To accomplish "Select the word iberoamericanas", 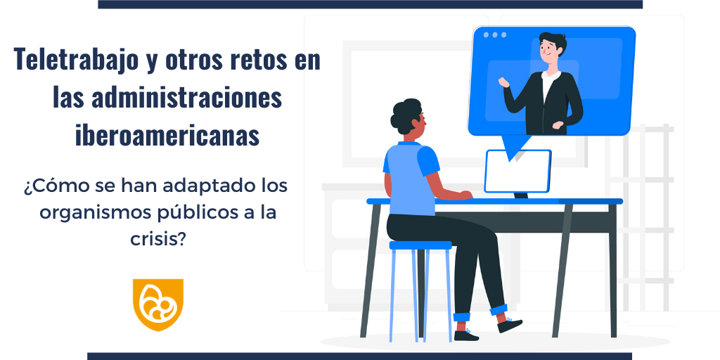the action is (x=167, y=135).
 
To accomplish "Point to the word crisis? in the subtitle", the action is (x=157, y=239).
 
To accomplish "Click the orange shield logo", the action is (x=158, y=304).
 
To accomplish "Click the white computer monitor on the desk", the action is (x=518, y=172).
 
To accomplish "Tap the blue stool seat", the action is (x=420, y=245).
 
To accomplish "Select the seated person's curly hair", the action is (x=405, y=116).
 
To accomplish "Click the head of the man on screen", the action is (x=551, y=50).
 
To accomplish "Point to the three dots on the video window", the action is (x=494, y=35).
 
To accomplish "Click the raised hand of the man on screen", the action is (x=503, y=82).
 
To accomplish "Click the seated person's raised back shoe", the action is (x=509, y=325).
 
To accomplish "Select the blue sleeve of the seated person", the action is (x=428, y=161).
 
